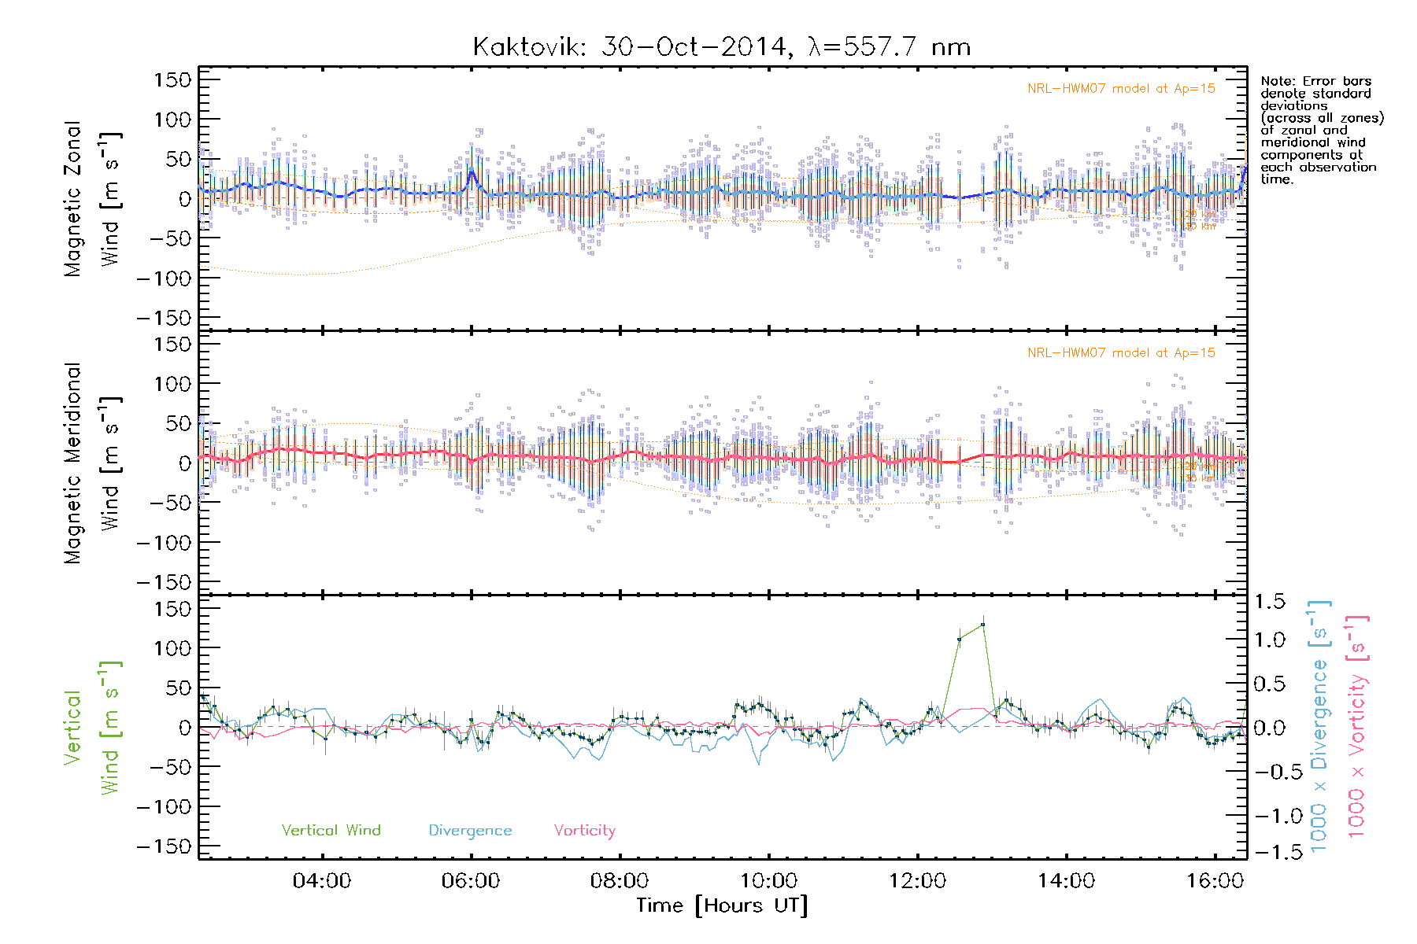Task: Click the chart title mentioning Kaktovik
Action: [721, 47]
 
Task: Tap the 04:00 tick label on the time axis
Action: [321, 881]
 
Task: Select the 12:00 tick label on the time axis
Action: [917, 881]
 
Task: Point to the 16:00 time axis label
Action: [1215, 881]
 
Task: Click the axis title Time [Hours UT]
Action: [722, 905]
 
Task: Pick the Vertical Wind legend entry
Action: [331, 830]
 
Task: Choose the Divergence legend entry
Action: [470, 831]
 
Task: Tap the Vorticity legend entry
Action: [584, 831]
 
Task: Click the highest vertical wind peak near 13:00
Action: [982, 625]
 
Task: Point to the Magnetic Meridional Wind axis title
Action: [91, 463]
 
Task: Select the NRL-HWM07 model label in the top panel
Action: [1121, 89]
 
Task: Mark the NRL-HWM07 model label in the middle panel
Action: [1121, 353]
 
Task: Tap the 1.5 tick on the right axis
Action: [1269, 602]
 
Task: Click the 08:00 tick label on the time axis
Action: [620, 881]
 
